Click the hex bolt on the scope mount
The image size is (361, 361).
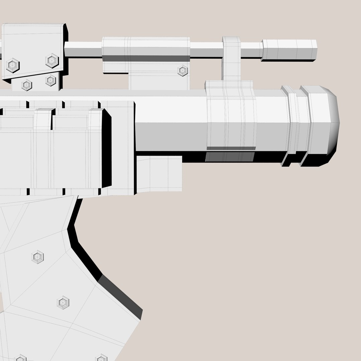[183, 71]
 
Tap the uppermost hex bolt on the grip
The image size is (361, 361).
[37, 257]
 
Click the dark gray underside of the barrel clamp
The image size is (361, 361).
[230, 156]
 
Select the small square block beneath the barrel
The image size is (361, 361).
[159, 174]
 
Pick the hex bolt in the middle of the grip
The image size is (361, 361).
[63, 303]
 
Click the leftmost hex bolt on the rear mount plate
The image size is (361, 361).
[13, 65]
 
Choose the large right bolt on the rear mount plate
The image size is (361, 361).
[52, 61]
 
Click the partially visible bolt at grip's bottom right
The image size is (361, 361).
[101, 358]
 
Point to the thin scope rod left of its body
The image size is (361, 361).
[83, 49]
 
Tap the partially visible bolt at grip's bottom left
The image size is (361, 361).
[20, 358]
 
